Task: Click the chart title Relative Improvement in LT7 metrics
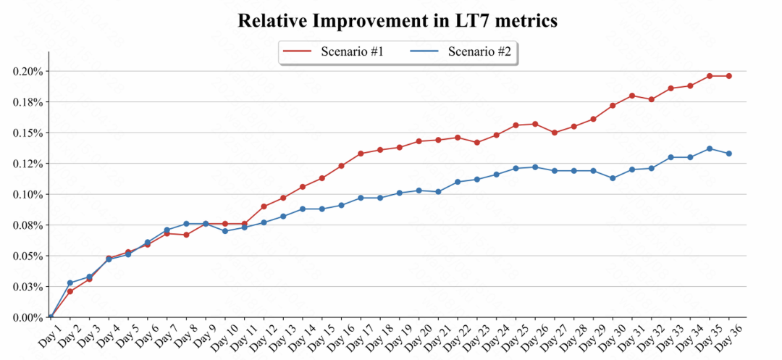click(x=398, y=20)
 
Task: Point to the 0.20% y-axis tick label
click(x=27, y=71)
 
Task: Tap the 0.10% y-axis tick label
click(x=27, y=194)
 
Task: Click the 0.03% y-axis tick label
click(x=27, y=287)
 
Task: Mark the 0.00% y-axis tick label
click(x=27, y=317)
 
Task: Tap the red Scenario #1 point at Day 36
click(x=729, y=76)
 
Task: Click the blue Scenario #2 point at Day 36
click(x=729, y=154)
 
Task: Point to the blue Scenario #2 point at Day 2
click(x=70, y=283)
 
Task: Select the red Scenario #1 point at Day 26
click(x=535, y=124)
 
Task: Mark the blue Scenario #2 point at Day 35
click(x=710, y=148)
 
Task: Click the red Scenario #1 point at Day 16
click(x=341, y=166)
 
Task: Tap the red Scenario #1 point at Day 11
click(x=244, y=224)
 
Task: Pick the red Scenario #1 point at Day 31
click(x=632, y=96)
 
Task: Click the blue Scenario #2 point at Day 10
click(x=225, y=231)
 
